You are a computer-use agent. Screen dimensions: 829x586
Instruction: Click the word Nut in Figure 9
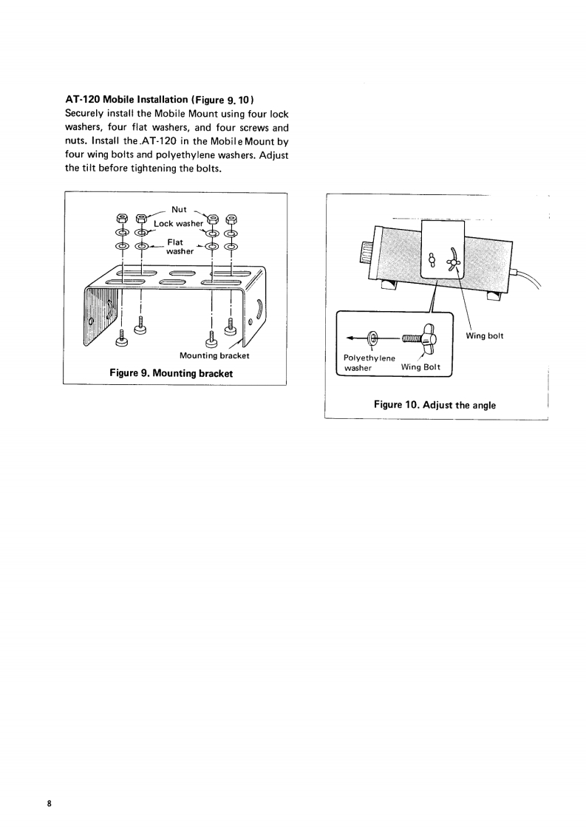point(179,209)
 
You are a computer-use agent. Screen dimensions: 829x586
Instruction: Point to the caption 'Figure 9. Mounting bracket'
point(171,373)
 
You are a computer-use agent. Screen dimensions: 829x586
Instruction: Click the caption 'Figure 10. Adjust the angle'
point(435,405)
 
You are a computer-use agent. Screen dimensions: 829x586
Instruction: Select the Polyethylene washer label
point(370,361)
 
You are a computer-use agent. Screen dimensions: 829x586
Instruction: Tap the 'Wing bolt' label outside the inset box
point(485,336)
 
